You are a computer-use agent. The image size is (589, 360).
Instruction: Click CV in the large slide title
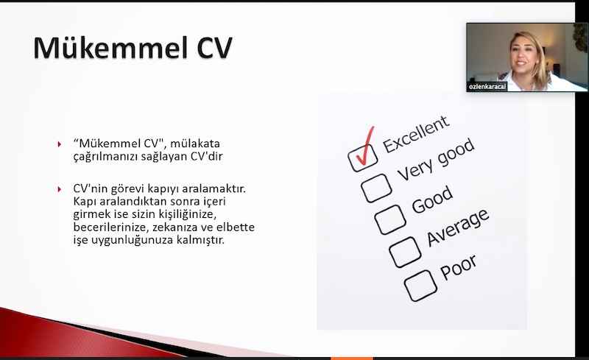click(215, 48)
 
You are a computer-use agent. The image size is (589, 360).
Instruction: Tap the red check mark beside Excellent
click(364, 147)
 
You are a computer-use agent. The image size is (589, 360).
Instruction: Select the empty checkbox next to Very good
click(376, 188)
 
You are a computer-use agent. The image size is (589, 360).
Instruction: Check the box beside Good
click(390, 220)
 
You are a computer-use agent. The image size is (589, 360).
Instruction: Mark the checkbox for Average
click(405, 253)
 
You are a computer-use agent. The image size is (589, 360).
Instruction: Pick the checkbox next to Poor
click(420, 286)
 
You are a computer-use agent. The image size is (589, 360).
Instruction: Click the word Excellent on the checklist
click(416, 134)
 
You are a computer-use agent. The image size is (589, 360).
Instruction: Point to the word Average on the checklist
click(458, 227)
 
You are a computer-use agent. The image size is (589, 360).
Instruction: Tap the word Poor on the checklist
click(458, 267)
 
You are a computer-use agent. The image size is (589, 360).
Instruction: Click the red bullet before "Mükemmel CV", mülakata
click(60, 144)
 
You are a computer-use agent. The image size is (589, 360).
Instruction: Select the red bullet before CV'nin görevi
click(60, 188)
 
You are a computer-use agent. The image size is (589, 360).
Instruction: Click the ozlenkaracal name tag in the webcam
click(487, 87)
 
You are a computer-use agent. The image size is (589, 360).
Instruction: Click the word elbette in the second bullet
click(236, 227)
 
